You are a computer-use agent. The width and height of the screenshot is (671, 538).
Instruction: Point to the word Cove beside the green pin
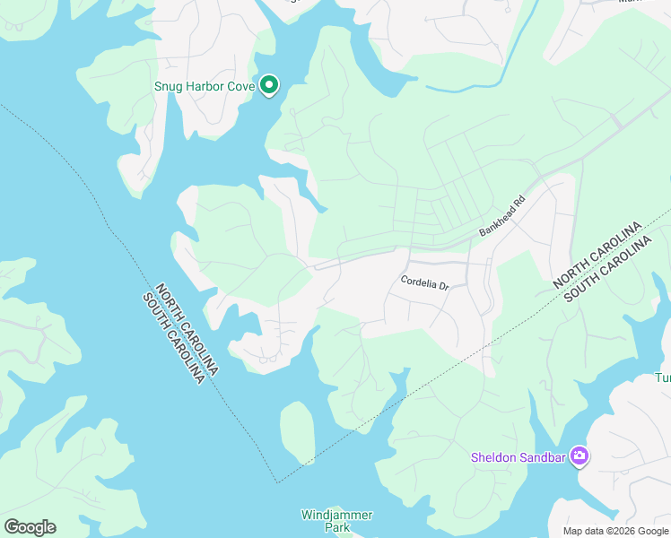241,87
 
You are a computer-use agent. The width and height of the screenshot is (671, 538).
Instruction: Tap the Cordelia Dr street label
423,283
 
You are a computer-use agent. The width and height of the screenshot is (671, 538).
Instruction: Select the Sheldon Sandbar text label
519,458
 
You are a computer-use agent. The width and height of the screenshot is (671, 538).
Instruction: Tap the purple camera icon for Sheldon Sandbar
579,457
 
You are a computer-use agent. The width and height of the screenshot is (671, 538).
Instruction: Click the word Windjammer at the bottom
336,515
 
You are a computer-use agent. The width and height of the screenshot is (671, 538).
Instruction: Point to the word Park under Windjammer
336,528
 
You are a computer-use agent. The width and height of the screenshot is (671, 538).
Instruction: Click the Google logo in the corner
30,527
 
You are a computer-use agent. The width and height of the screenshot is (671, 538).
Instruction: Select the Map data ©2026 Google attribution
616,531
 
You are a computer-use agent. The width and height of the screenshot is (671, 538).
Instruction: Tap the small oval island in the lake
298,431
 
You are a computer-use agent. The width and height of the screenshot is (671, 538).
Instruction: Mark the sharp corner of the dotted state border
277,482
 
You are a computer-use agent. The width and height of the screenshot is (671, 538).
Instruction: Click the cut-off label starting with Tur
662,378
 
